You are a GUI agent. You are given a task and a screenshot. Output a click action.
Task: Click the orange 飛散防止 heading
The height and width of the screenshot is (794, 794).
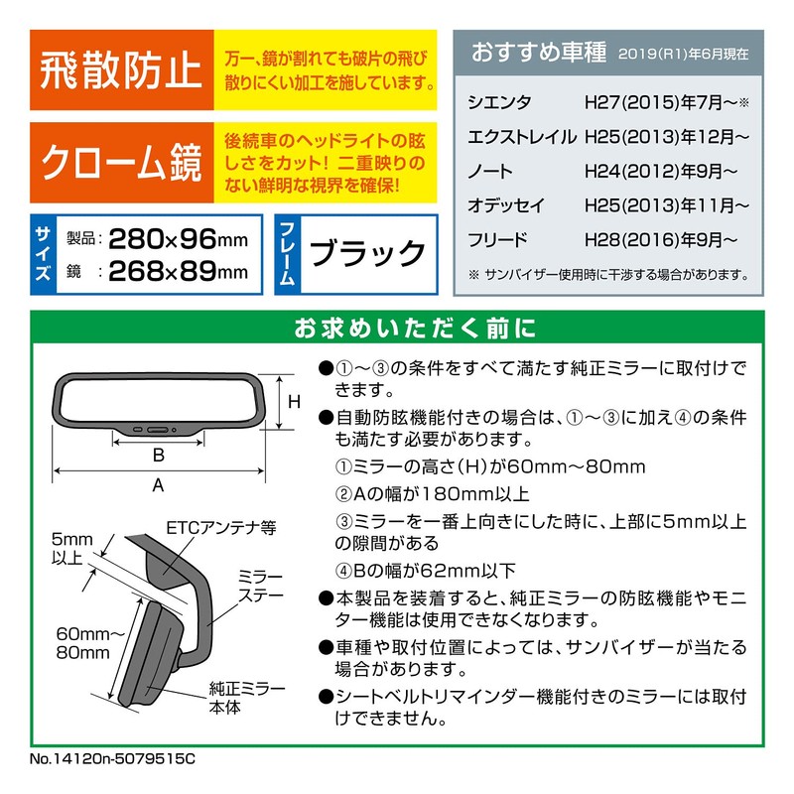[x=120, y=71]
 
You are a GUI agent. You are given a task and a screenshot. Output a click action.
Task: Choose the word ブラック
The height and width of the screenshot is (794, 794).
[x=367, y=254]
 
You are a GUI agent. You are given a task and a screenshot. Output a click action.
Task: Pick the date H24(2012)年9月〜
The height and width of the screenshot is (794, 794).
[x=660, y=171]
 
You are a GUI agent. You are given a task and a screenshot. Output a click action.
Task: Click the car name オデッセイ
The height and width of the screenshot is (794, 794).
[x=505, y=205]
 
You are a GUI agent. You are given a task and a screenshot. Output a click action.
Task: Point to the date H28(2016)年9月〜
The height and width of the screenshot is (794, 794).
[x=660, y=239]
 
